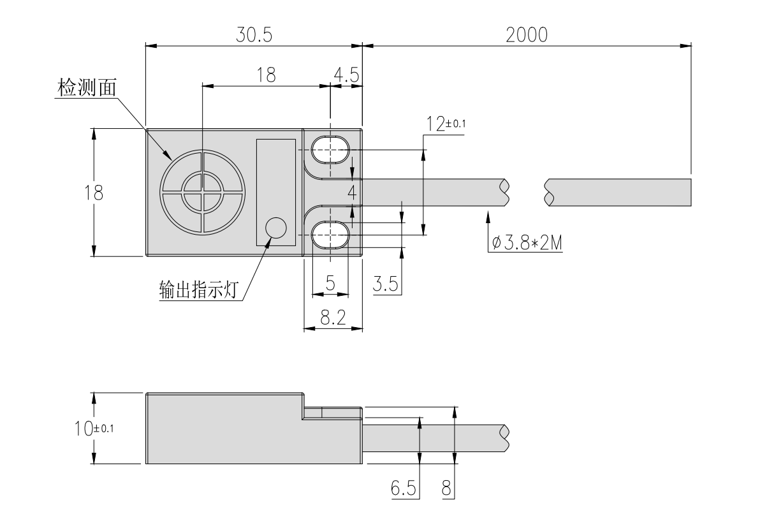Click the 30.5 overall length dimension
click(254, 35)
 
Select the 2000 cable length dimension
click(527, 35)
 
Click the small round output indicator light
click(275, 228)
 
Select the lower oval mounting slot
click(331, 235)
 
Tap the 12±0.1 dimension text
click(446, 124)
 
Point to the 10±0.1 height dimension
click(93, 427)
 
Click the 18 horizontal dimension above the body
click(266, 75)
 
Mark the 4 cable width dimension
click(351, 192)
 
